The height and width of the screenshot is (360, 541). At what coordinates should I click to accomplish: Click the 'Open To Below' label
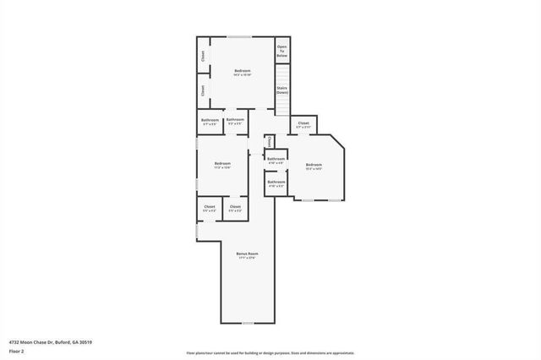coord(282,50)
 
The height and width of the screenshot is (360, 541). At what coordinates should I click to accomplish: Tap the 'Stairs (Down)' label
coord(282,90)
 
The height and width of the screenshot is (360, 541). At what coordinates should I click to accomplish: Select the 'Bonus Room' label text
coord(247,253)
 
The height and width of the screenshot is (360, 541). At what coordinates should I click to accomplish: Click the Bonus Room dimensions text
coord(247,258)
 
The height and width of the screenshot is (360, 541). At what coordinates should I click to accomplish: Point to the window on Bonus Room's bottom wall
coord(247,323)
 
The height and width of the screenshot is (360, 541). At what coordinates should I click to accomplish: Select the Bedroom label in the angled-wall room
coord(314,164)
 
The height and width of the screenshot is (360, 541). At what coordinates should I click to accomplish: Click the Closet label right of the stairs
coord(303,123)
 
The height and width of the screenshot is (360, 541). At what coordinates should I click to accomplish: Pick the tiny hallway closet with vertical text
coord(269,141)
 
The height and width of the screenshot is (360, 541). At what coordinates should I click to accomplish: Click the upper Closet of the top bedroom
coord(203,56)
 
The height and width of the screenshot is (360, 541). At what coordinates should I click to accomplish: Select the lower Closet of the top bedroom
coord(203,90)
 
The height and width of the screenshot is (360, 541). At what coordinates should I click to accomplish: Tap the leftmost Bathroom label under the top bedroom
coord(210,120)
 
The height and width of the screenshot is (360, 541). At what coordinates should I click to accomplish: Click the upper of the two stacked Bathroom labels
coord(276,158)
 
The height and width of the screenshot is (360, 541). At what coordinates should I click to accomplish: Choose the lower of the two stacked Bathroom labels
coord(276,182)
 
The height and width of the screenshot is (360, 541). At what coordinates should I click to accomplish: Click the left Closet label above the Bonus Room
coord(210,206)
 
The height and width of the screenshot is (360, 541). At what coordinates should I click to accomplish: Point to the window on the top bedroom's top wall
coord(240,36)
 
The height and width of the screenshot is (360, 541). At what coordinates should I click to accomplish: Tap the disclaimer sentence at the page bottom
coord(270,352)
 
